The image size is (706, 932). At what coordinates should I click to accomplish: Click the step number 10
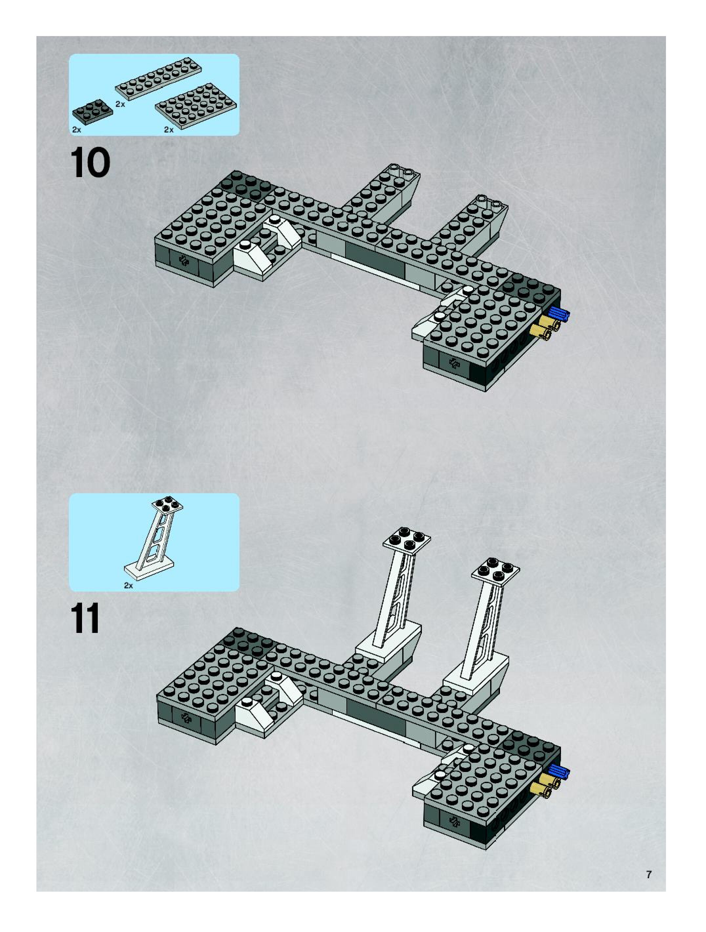click(90, 163)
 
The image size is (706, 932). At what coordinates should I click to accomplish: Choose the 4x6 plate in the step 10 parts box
click(196, 105)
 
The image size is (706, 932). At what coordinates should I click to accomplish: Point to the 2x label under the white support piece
click(129, 585)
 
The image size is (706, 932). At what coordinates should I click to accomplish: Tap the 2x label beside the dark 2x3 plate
click(76, 130)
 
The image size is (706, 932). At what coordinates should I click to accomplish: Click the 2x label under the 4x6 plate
click(169, 130)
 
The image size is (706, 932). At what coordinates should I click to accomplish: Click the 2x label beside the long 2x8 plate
click(120, 104)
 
